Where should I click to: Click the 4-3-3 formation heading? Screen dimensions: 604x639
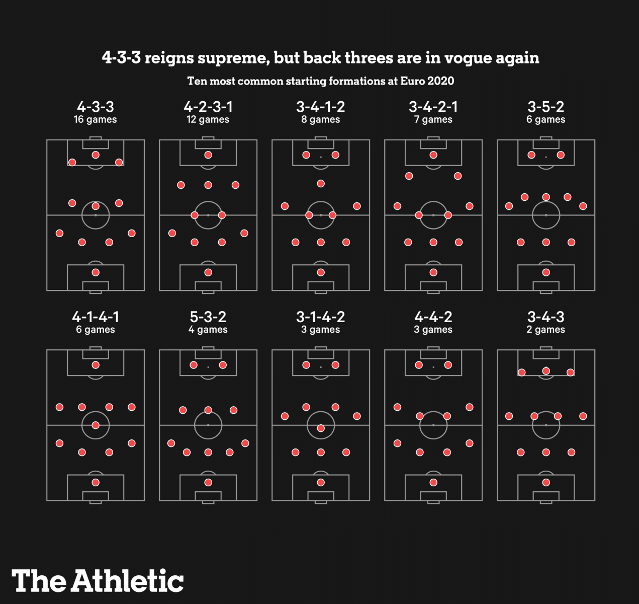[x=96, y=107]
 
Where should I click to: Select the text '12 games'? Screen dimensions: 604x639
[x=208, y=120]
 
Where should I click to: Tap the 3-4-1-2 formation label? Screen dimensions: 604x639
[x=321, y=107]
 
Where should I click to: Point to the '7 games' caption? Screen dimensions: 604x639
[x=433, y=120]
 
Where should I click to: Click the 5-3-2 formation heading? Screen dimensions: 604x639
[x=208, y=317]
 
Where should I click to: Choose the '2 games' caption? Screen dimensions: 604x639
[x=546, y=330]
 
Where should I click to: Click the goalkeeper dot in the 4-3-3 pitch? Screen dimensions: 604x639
[x=96, y=272]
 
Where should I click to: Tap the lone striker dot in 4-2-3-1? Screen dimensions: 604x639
[x=208, y=155]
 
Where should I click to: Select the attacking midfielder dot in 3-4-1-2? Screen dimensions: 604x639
[x=321, y=184]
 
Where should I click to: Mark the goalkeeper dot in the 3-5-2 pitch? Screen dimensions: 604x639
[x=546, y=272]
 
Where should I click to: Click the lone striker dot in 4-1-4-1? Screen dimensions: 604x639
[x=96, y=365]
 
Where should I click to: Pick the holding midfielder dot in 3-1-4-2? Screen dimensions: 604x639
[x=321, y=428]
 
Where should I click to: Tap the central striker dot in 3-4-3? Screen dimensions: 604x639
[x=546, y=371]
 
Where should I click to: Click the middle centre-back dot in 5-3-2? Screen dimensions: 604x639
[x=208, y=452]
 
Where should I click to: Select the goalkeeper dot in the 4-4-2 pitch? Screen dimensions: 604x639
[x=433, y=482]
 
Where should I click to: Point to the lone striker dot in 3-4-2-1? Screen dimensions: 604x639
[x=433, y=155]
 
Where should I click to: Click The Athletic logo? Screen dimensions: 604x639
[x=98, y=581]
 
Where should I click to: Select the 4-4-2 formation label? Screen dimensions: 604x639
[x=433, y=317]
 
